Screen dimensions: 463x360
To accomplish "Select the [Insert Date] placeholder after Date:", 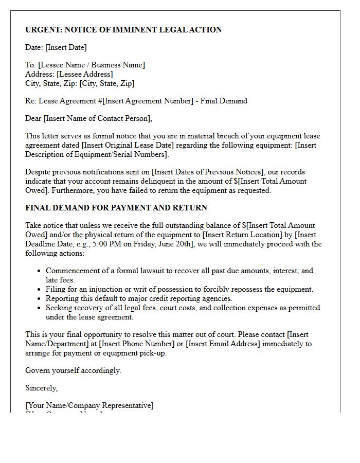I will coord(66,47).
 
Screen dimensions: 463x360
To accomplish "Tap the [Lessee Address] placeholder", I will coord(84,74).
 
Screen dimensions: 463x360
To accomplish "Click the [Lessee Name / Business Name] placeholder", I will coord(92,65).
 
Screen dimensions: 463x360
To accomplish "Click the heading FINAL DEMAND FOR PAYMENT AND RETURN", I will coord(116,208).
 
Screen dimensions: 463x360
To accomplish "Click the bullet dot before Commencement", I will coord(39,271).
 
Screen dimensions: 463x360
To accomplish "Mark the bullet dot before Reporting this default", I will coord(39,298).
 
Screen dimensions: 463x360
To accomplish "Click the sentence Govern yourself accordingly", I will coord(73,370).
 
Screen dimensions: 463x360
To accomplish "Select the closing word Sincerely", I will coord(41,388).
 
